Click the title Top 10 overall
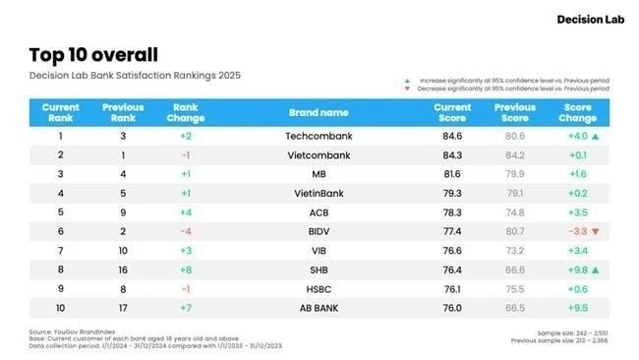coord(93,55)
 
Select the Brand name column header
coord(319,113)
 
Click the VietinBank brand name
coord(319,192)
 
